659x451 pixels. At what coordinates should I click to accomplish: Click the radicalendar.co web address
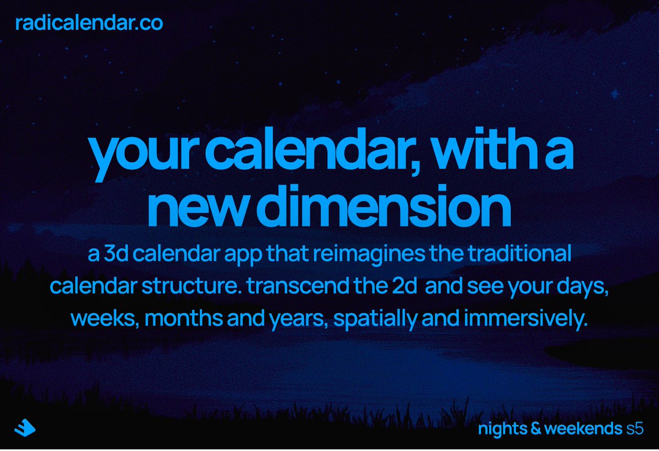(x=89, y=24)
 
